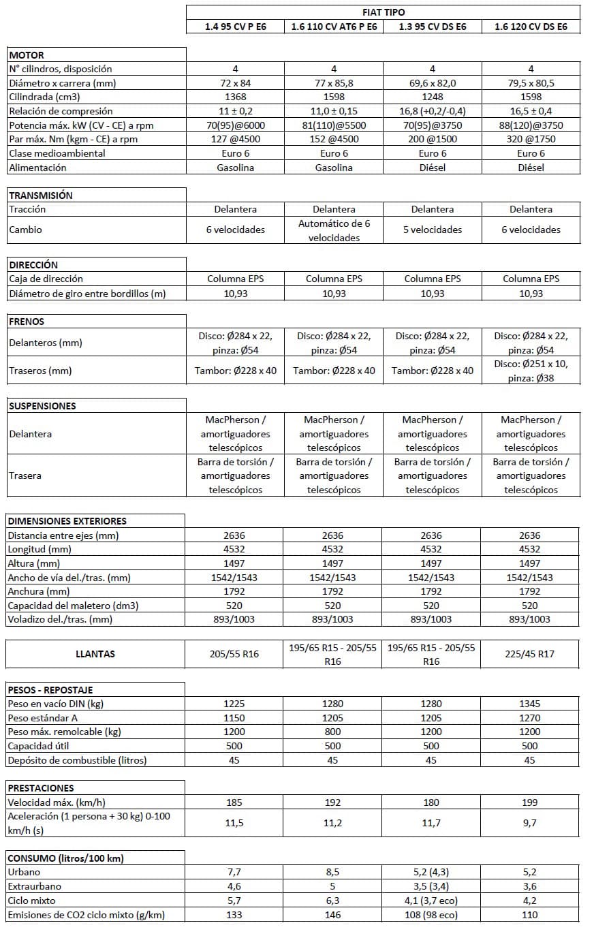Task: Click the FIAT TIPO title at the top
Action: click(x=384, y=12)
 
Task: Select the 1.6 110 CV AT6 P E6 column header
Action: click(x=334, y=27)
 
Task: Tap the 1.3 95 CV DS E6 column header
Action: click(x=432, y=27)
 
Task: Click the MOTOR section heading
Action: click(x=27, y=54)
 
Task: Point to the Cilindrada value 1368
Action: click(x=235, y=97)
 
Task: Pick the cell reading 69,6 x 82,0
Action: click(x=432, y=83)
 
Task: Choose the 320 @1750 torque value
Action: click(x=531, y=139)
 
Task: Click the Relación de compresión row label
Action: click(x=61, y=111)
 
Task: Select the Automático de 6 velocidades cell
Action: click(x=334, y=230)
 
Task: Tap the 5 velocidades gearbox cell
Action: click(x=432, y=230)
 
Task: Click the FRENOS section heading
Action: click(x=27, y=321)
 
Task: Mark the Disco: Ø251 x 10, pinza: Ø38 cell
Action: click(x=531, y=371)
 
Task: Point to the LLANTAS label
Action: click(x=95, y=654)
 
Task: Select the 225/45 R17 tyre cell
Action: click(x=530, y=654)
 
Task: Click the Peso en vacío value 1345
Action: click(x=530, y=704)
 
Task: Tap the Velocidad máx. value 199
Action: click(x=530, y=802)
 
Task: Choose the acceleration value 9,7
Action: click(x=530, y=823)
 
